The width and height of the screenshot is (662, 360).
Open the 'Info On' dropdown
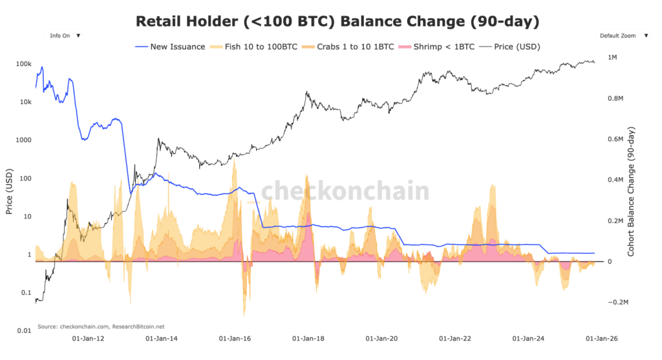click(65, 36)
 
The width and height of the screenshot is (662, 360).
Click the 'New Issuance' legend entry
click(170, 47)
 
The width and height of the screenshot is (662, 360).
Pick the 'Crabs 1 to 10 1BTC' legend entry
click(352, 47)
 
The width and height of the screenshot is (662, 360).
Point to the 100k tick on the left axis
click(24, 64)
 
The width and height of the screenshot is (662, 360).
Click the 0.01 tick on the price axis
click(24, 330)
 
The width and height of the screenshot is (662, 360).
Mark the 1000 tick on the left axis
click(24, 140)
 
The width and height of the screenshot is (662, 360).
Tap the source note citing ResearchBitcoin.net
click(101, 326)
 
